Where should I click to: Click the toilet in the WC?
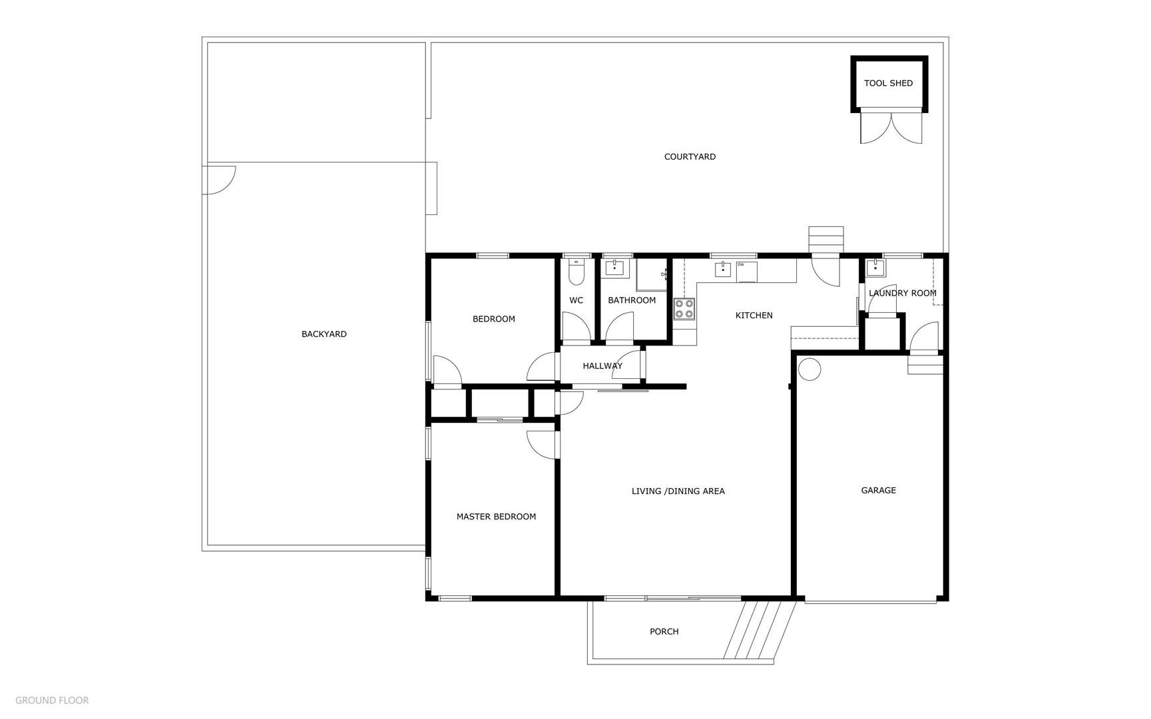pos(576,272)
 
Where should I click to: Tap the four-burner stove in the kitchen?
pos(684,309)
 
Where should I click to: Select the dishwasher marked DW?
pos(746,272)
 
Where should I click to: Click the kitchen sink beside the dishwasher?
pos(723,270)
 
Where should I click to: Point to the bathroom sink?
pos(614,268)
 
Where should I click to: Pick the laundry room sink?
pos(875,268)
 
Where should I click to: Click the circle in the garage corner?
pos(809,369)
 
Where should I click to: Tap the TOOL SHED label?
pos(888,83)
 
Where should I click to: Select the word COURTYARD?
pos(690,157)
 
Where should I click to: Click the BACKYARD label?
pos(324,334)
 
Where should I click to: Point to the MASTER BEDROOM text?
pos(496,517)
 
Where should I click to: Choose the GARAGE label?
pos(879,491)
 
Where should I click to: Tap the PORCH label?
pos(664,632)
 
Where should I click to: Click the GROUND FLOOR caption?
pos(52,700)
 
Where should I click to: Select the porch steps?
pos(760,630)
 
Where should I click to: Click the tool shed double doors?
pos(891,126)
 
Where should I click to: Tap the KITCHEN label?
pos(754,316)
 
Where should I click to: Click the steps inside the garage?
pos(926,365)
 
